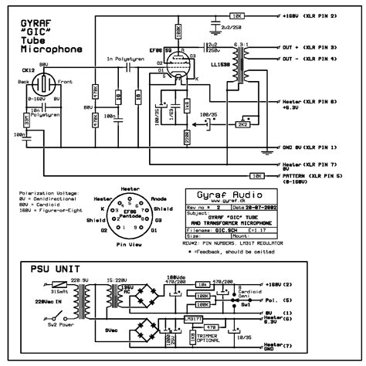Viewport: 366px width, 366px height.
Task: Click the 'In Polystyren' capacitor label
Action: coord(126,59)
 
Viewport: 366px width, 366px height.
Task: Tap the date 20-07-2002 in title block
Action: coord(255,207)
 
